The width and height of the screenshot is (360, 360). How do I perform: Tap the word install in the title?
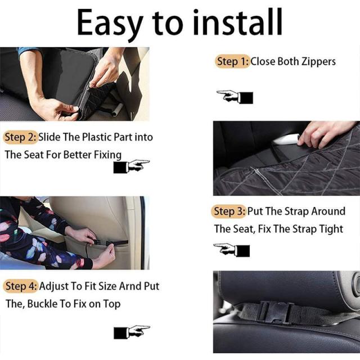click(x=237, y=22)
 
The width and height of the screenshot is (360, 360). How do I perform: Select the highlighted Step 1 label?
click(x=232, y=61)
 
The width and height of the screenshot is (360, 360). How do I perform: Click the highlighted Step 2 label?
click(x=20, y=137)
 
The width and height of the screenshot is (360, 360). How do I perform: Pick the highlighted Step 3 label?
click(x=229, y=211)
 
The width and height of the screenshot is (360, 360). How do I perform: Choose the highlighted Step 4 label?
click(x=21, y=286)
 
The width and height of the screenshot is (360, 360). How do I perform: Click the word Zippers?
click(x=318, y=62)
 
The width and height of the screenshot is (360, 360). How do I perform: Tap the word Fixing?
click(x=107, y=155)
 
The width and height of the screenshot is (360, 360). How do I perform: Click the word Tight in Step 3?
click(x=331, y=229)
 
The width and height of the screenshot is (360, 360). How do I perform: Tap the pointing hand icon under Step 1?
click(x=235, y=97)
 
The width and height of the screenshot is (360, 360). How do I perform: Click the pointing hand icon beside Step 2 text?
click(x=131, y=166)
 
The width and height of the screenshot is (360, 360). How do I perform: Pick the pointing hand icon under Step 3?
click(x=231, y=250)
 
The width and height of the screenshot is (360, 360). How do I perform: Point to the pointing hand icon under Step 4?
click(x=132, y=332)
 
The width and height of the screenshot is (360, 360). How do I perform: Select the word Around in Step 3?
click(x=328, y=211)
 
